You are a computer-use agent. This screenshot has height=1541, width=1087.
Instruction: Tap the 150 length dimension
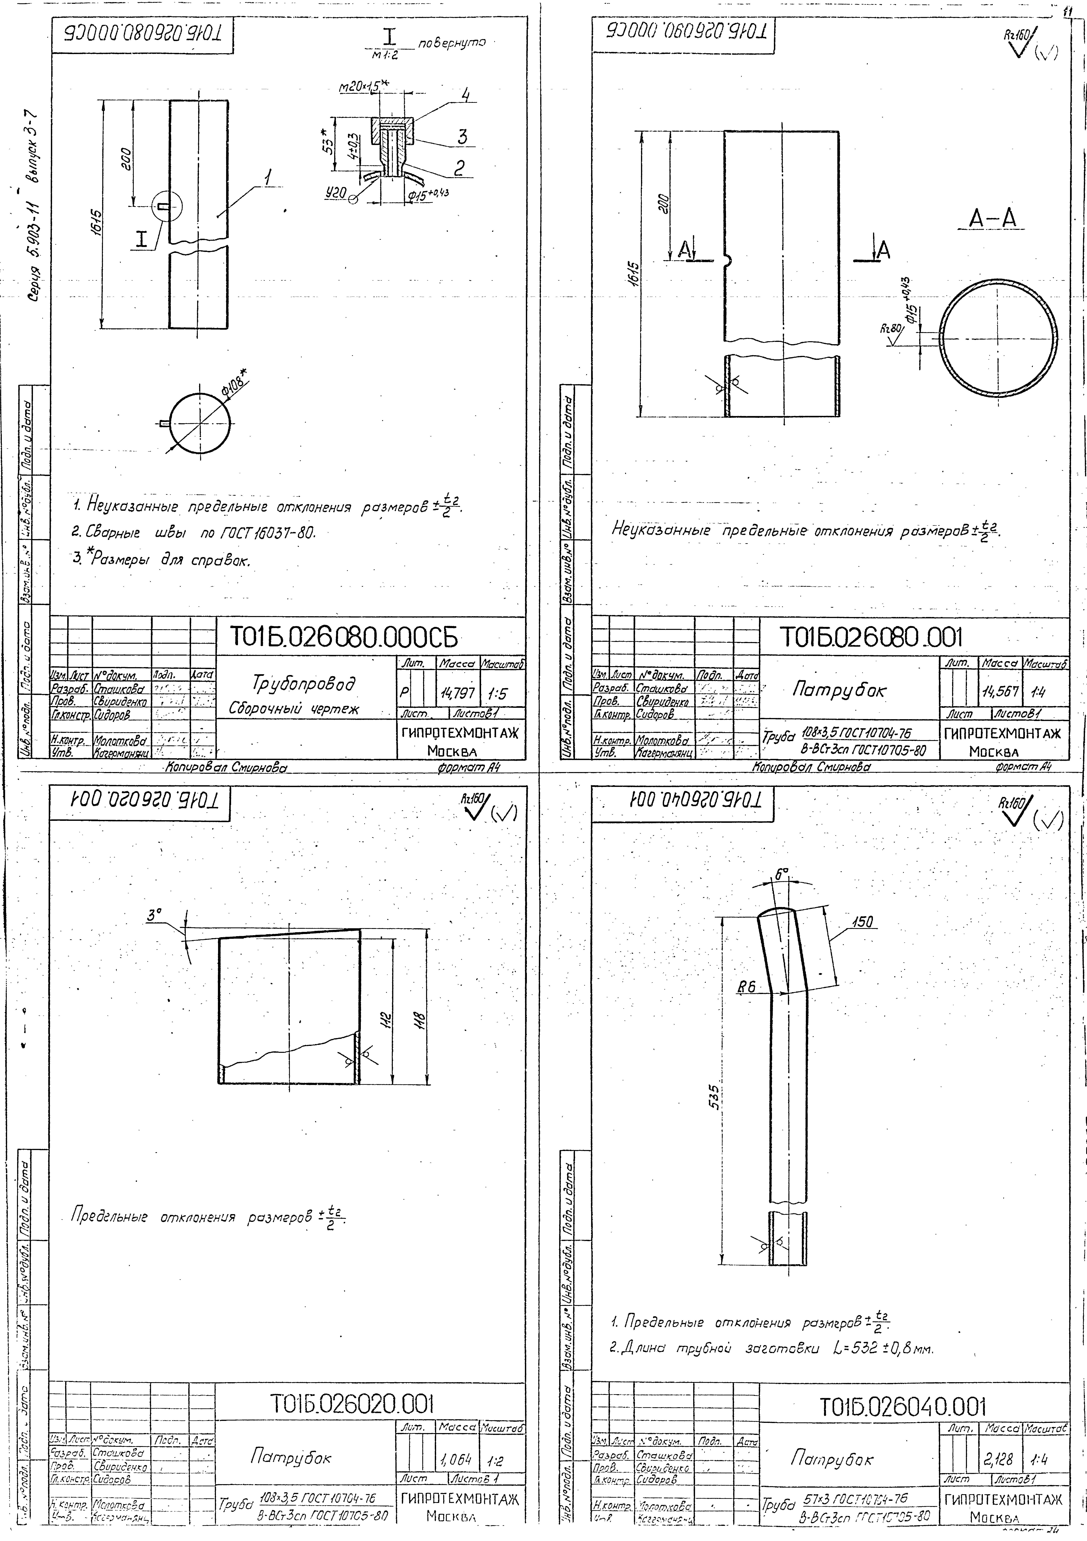[x=862, y=922]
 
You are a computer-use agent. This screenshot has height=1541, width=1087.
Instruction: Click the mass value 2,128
[x=998, y=1458]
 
